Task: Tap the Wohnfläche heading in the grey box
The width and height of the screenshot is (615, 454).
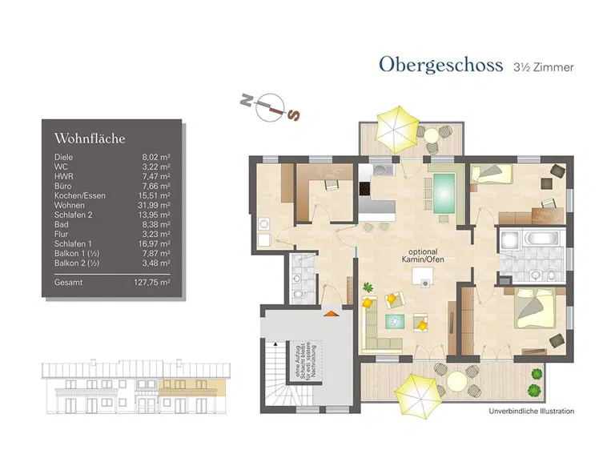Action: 90,139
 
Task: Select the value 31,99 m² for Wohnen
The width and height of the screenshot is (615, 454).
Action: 153,205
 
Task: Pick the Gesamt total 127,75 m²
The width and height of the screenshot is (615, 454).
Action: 151,282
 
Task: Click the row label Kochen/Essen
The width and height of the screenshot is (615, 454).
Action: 80,195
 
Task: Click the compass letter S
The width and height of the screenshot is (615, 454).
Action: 294,115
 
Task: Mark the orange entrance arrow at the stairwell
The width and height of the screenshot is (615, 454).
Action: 328,314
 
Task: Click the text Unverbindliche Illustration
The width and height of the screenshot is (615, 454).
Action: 532,411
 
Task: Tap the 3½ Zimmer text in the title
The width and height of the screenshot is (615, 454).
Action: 544,67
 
